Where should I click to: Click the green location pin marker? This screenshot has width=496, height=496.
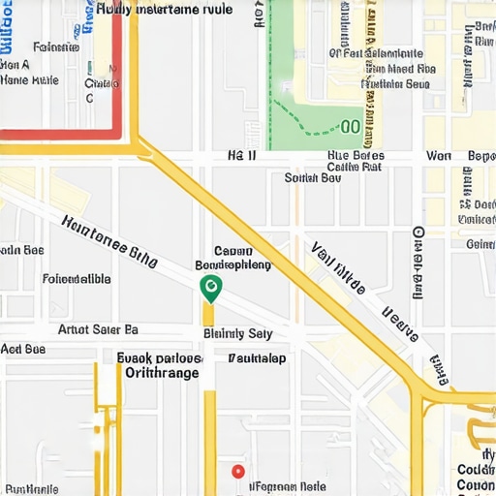click(x=209, y=287)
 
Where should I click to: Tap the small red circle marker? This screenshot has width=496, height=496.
click(x=238, y=471)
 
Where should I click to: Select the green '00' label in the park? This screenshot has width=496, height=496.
click(x=351, y=126)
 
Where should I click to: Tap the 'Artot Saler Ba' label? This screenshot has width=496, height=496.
click(x=98, y=329)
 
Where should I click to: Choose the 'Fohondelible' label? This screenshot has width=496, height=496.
click(x=77, y=280)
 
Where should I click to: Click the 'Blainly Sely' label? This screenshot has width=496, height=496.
click(x=238, y=333)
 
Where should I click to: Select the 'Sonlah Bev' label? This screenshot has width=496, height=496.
click(x=312, y=178)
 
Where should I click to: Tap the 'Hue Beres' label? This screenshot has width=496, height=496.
click(x=356, y=155)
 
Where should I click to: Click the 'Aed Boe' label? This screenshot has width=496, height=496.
click(x=23, y=349)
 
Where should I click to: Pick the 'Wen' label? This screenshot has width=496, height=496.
click(x=439, y=155)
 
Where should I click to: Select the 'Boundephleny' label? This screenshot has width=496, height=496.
click(x=233, y=264)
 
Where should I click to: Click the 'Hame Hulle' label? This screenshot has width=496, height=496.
click(x=32, y=81)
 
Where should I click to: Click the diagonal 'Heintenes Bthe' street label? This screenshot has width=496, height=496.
click(x=108, y=237)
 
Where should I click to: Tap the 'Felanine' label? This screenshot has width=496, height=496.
click(x=55, y=46)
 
